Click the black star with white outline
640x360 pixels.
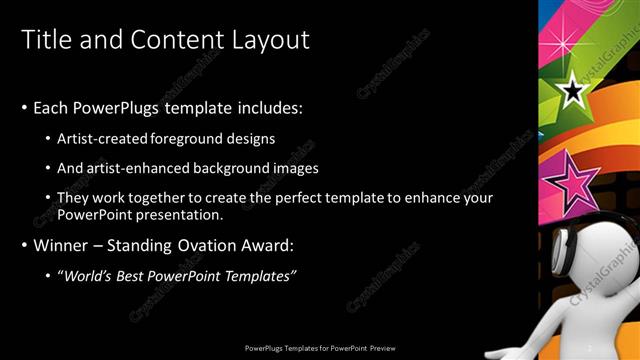pyautogui.click(x=572, y=93)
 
